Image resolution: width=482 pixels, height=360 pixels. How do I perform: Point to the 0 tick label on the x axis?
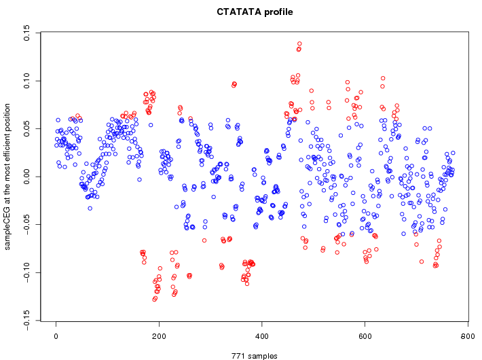click(x=56, y=335)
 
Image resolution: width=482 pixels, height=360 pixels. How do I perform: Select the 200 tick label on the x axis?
click(x=159, y=335)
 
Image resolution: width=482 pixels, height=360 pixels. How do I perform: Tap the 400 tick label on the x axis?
click(x=262, y=335)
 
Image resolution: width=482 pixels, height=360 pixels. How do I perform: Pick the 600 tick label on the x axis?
click(x=365, y=335)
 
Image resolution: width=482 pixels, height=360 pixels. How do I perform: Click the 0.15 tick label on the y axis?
click(x=26, y=33)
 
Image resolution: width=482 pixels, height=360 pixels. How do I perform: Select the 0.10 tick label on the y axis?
click(x=26, y=81)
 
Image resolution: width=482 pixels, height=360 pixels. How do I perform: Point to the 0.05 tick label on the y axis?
click(x=26, y=129)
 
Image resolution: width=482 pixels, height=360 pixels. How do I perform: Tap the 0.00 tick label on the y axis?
click(x=26, y=177)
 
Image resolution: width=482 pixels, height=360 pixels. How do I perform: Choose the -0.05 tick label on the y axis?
click(x=26, y=223)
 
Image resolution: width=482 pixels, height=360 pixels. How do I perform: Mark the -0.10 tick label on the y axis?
click(x=26, y=272)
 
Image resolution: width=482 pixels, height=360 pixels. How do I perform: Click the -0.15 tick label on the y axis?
click(x=26, y=319)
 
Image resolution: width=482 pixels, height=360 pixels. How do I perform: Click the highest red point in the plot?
click(x=299, y=44)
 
